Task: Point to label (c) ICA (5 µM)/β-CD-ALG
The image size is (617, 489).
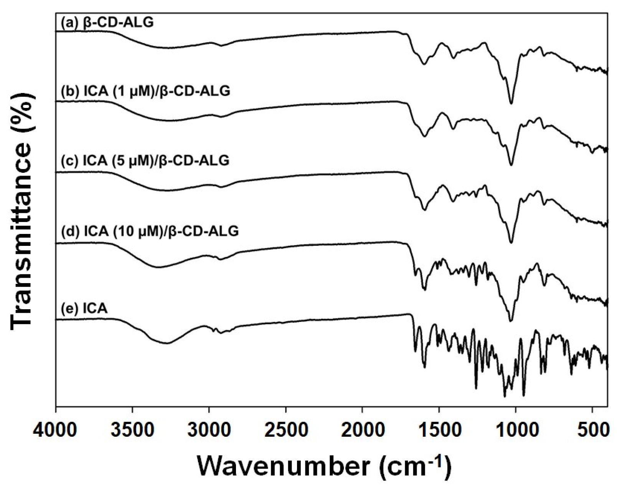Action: (145, 160)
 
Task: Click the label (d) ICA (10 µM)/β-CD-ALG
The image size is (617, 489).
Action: (150, 231)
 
